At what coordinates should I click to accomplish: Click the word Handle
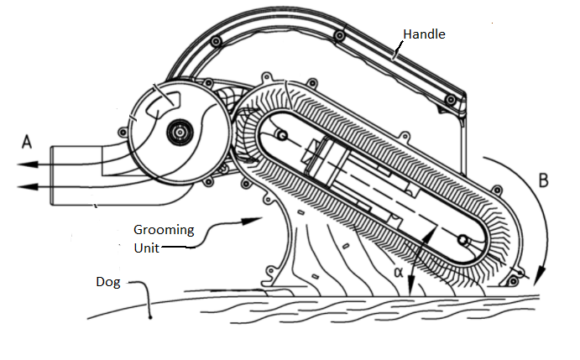point(424,34)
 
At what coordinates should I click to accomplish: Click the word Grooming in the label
point(163,229)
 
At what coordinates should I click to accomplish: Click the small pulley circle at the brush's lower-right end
point(462,241)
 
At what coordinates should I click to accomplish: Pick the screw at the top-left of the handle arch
point(217,40)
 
